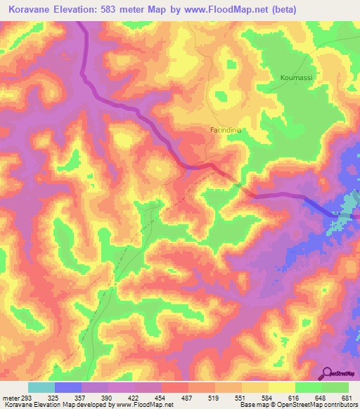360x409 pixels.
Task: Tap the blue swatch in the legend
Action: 68,387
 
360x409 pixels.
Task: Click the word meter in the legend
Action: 9,398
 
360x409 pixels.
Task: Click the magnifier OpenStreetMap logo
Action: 328,372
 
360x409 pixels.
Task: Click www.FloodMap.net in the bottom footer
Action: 145,405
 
